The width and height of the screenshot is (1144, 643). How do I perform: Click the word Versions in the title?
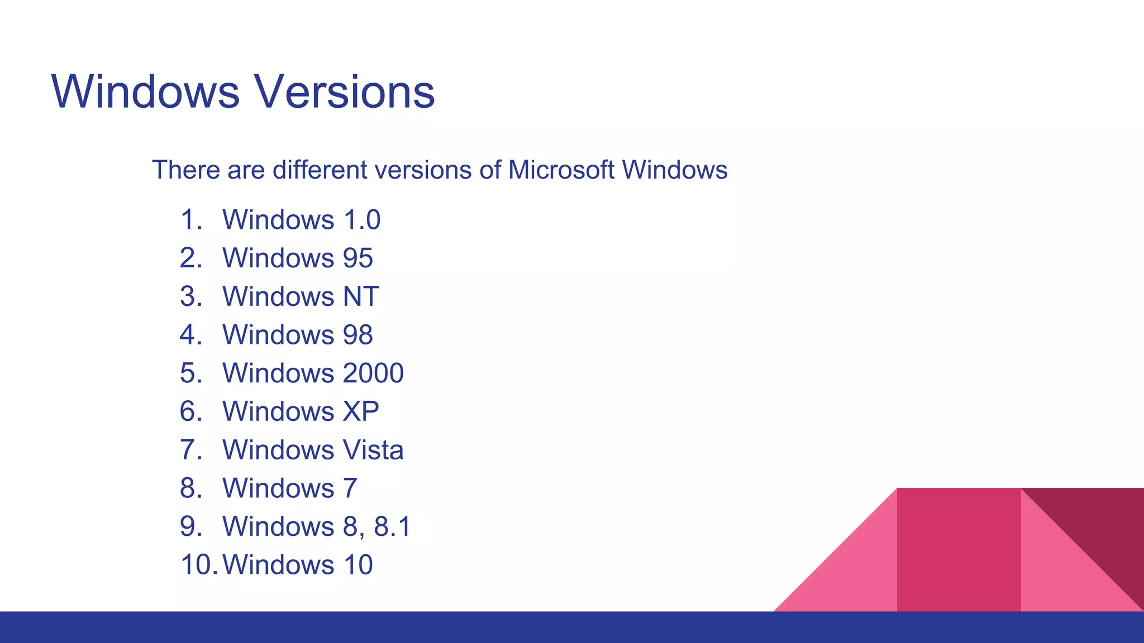(x=345, y=92)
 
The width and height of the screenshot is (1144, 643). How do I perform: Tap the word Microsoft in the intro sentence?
(x=561, y=170)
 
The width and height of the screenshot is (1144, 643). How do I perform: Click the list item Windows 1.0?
(x=301, y=219)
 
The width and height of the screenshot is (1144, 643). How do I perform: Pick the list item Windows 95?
(x=297, y=258)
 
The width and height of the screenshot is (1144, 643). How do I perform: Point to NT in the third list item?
(x=361, y=296)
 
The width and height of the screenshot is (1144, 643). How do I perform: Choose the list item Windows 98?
(x=297, y=335)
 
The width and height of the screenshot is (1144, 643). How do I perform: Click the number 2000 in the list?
(x=373, y=373)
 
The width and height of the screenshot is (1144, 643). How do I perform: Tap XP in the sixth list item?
(x=361, y=411)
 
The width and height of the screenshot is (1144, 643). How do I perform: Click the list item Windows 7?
(x=289, y=488)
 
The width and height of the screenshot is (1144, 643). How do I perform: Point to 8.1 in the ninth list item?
(x=392, y=526)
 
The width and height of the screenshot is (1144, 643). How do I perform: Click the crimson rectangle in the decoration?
(x=959, y=550)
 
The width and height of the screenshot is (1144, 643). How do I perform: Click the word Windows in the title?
(x=145, y=92)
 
